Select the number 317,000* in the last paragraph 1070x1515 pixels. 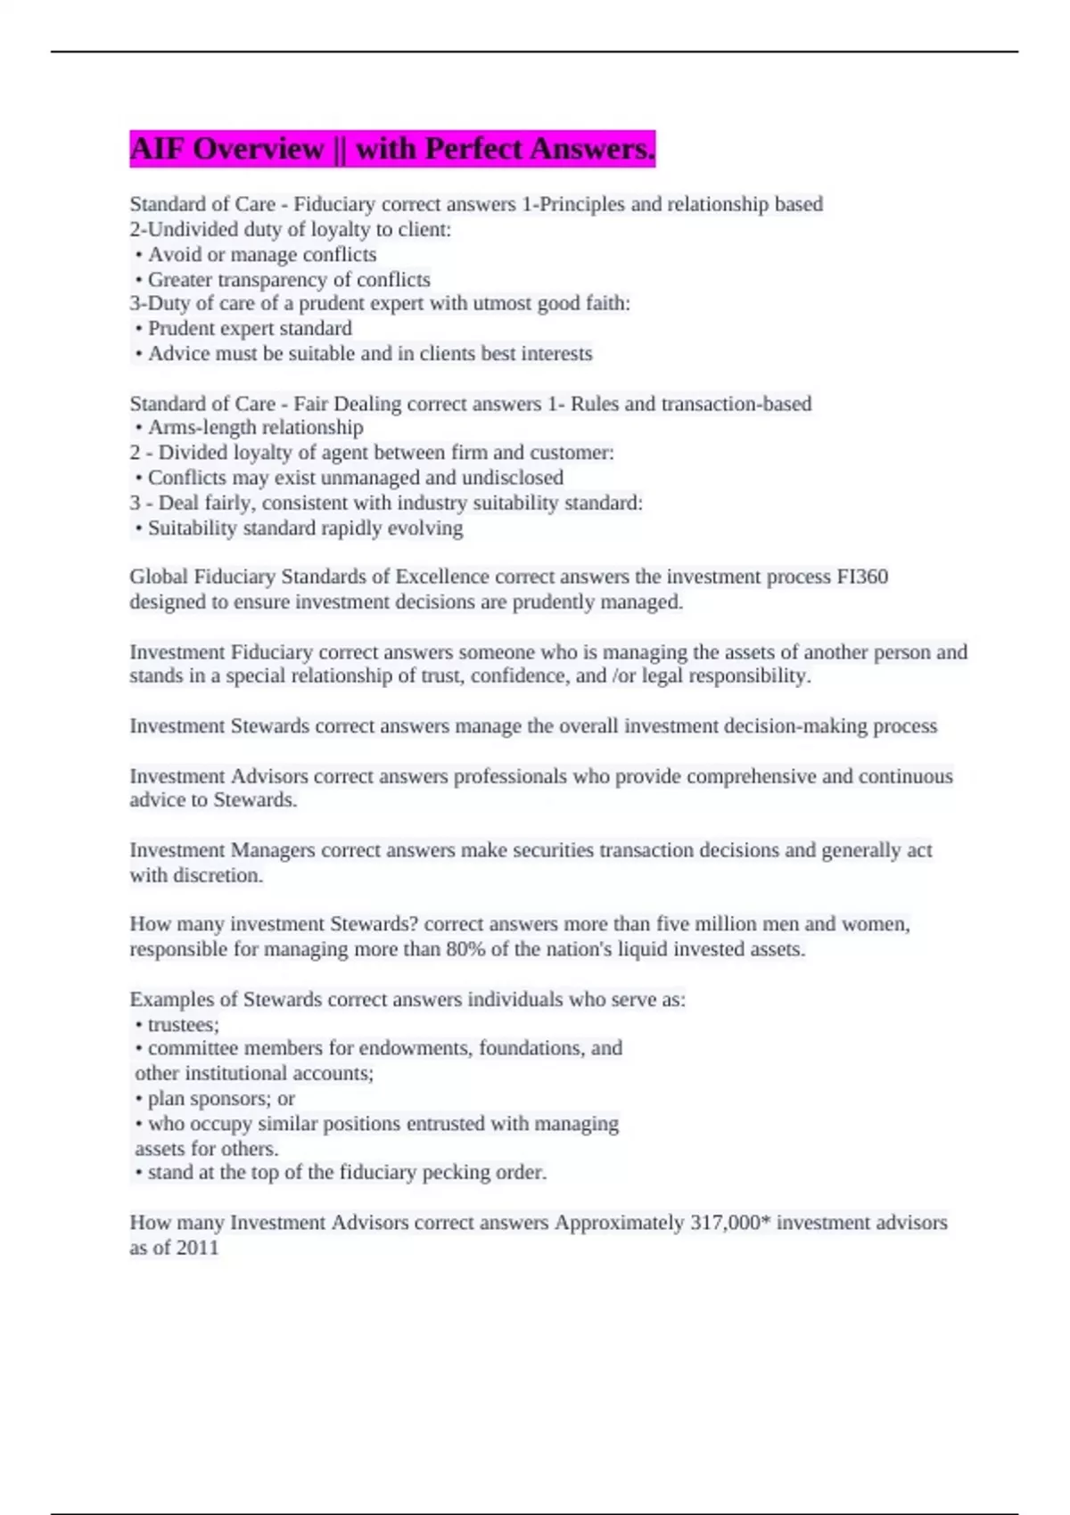click(x=730, y=1223)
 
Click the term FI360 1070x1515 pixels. click(x=862, y=577)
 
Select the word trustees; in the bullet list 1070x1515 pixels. click(x=183, y=1025)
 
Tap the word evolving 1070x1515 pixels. click(x=432, y=528)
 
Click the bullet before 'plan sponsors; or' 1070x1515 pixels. click(x=139, y=1100)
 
